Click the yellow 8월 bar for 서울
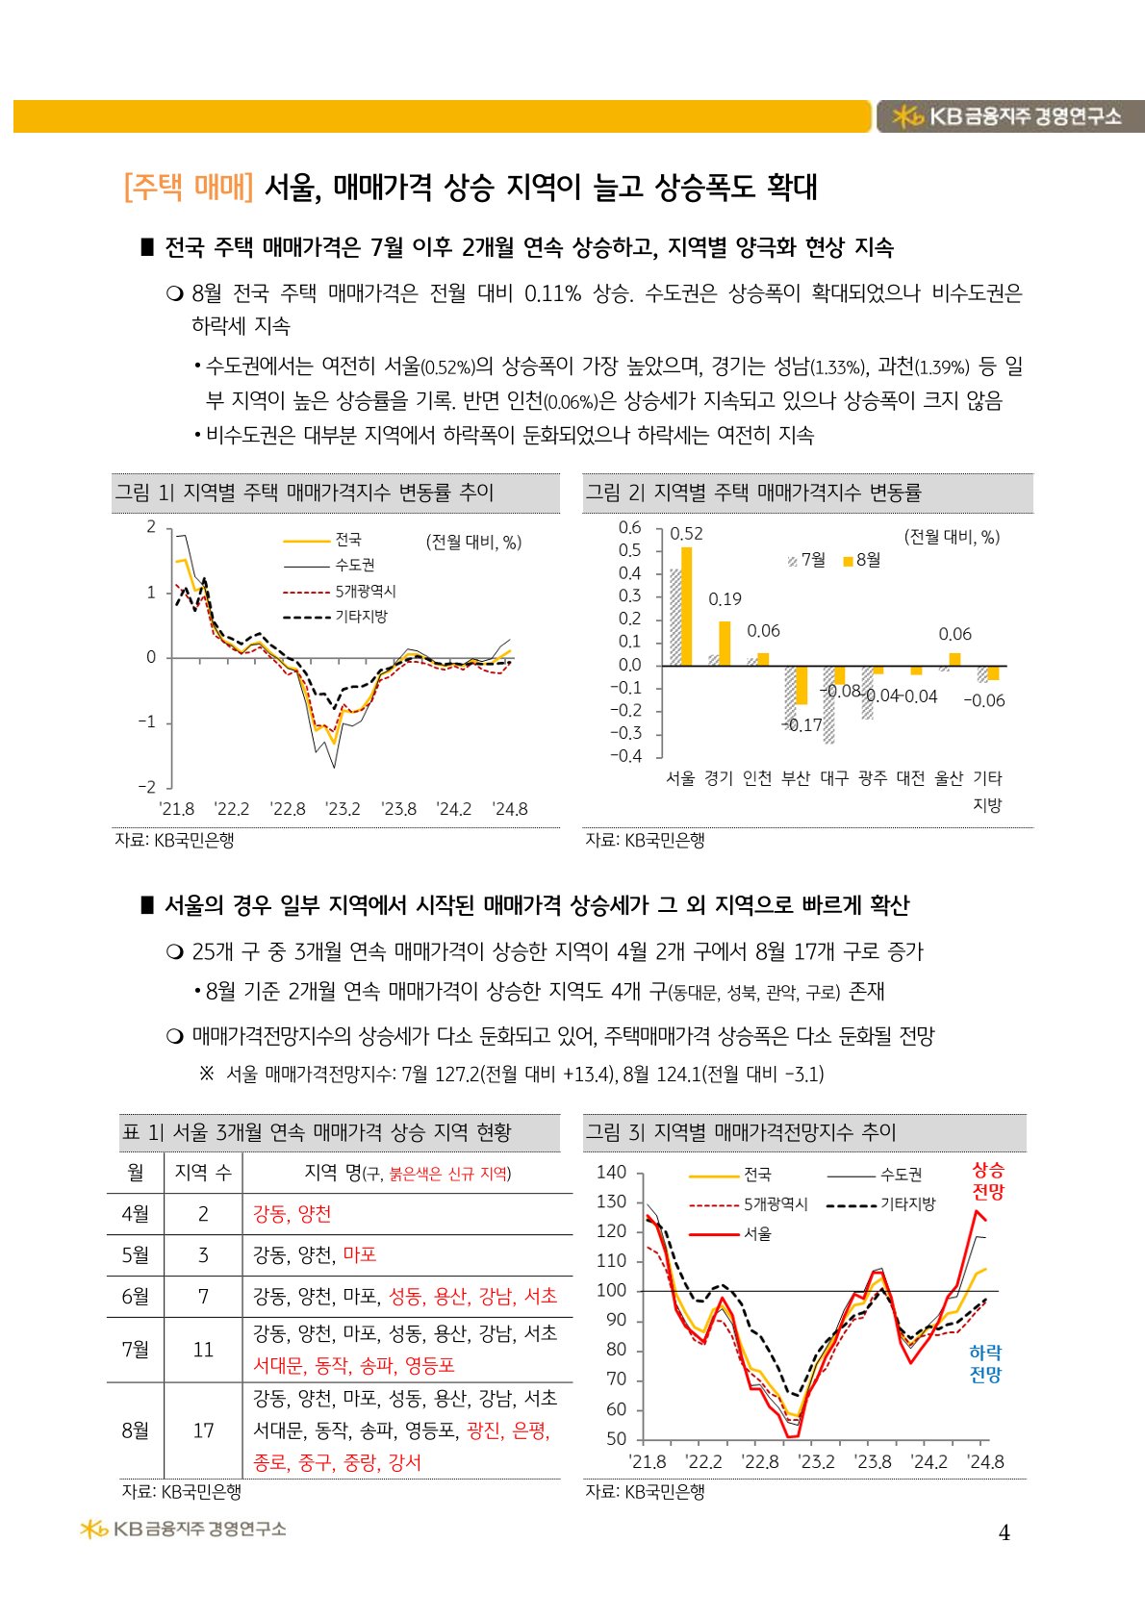(x=686, y=606)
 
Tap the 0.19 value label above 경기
(x=725, y=599)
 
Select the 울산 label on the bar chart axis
(x=949, y=778)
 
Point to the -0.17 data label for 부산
(x=802, y=725)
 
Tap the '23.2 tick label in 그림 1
(x=343, y=809)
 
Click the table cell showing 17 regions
(x=203, y=1430)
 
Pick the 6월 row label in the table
(x=136, y=1296)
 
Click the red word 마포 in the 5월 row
(x=360, y=1254)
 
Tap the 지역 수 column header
(x=203, y=1173)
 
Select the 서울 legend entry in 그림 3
(x=757, y=1233)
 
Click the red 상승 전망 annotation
(x=987, y=1181)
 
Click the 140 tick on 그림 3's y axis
(x=611, y=1172)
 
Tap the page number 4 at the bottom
(x=1004, y=1533)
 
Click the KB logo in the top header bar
(x=1008, y=116)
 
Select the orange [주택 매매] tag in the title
(x=189, y=187)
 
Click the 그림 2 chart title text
(x=753, y=493)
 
